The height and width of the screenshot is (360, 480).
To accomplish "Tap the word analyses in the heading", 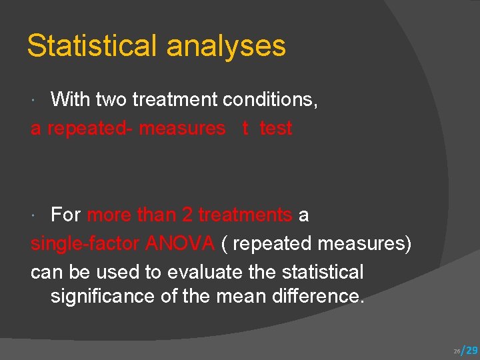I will [x=226, y=47].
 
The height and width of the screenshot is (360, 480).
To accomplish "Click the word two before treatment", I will [x=111, y=100].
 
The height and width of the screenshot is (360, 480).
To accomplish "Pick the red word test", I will [x=276, y=128].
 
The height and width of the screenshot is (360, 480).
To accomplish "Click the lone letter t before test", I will [x=246, y=128].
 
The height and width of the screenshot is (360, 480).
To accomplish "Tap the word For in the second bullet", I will [x=66, y=215].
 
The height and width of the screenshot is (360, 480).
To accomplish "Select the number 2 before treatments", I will [x=187, y=215].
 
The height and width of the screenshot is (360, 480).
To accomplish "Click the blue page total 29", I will [x=471, y=350].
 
